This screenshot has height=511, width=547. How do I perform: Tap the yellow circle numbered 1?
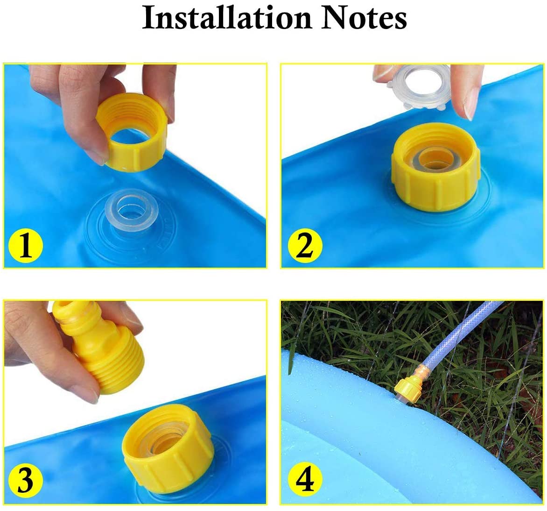[26, 245]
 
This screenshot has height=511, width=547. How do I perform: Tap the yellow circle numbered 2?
[305, 245]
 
